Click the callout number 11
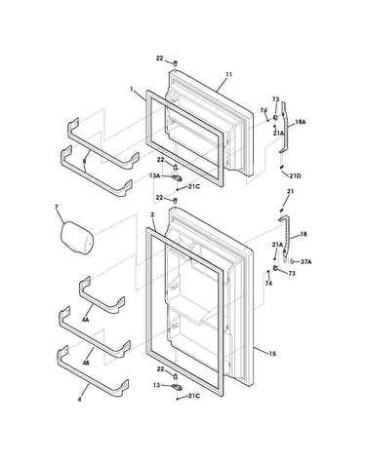(x=228, y=74)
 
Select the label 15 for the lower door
(x=272, y=353)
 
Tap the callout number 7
(x=57, y=207)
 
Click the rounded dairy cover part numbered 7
(x=77, y=238)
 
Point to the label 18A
(x=301, y=122)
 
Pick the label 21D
(x=295, y=175)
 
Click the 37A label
(x=305, y=261)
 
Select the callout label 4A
(x=86, y=320)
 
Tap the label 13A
(x=155, y=175)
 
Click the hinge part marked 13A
(x=177, y=177)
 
